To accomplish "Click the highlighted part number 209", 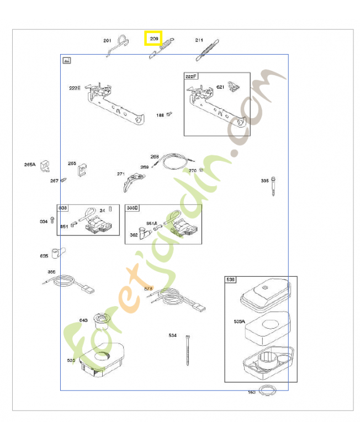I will click(x=153, y=39).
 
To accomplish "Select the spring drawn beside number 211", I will click(x=207, y=50).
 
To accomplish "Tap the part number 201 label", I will click(x=107, y=40).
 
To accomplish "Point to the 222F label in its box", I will click(x=190, y=76).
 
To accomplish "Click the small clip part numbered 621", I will click(x=235, y=87).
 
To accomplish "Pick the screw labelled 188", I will click(x=170, y=114).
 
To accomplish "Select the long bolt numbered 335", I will click(x=273, y=187).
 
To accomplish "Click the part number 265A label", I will click(x=30, y=164).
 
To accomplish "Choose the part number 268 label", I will click(x=155, y=156).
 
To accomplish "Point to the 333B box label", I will click(x=133, y=208).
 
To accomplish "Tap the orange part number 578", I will click(x=148, y=288).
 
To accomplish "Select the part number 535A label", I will click(x=239, y=321).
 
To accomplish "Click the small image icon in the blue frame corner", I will click(x=67, y=60).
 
